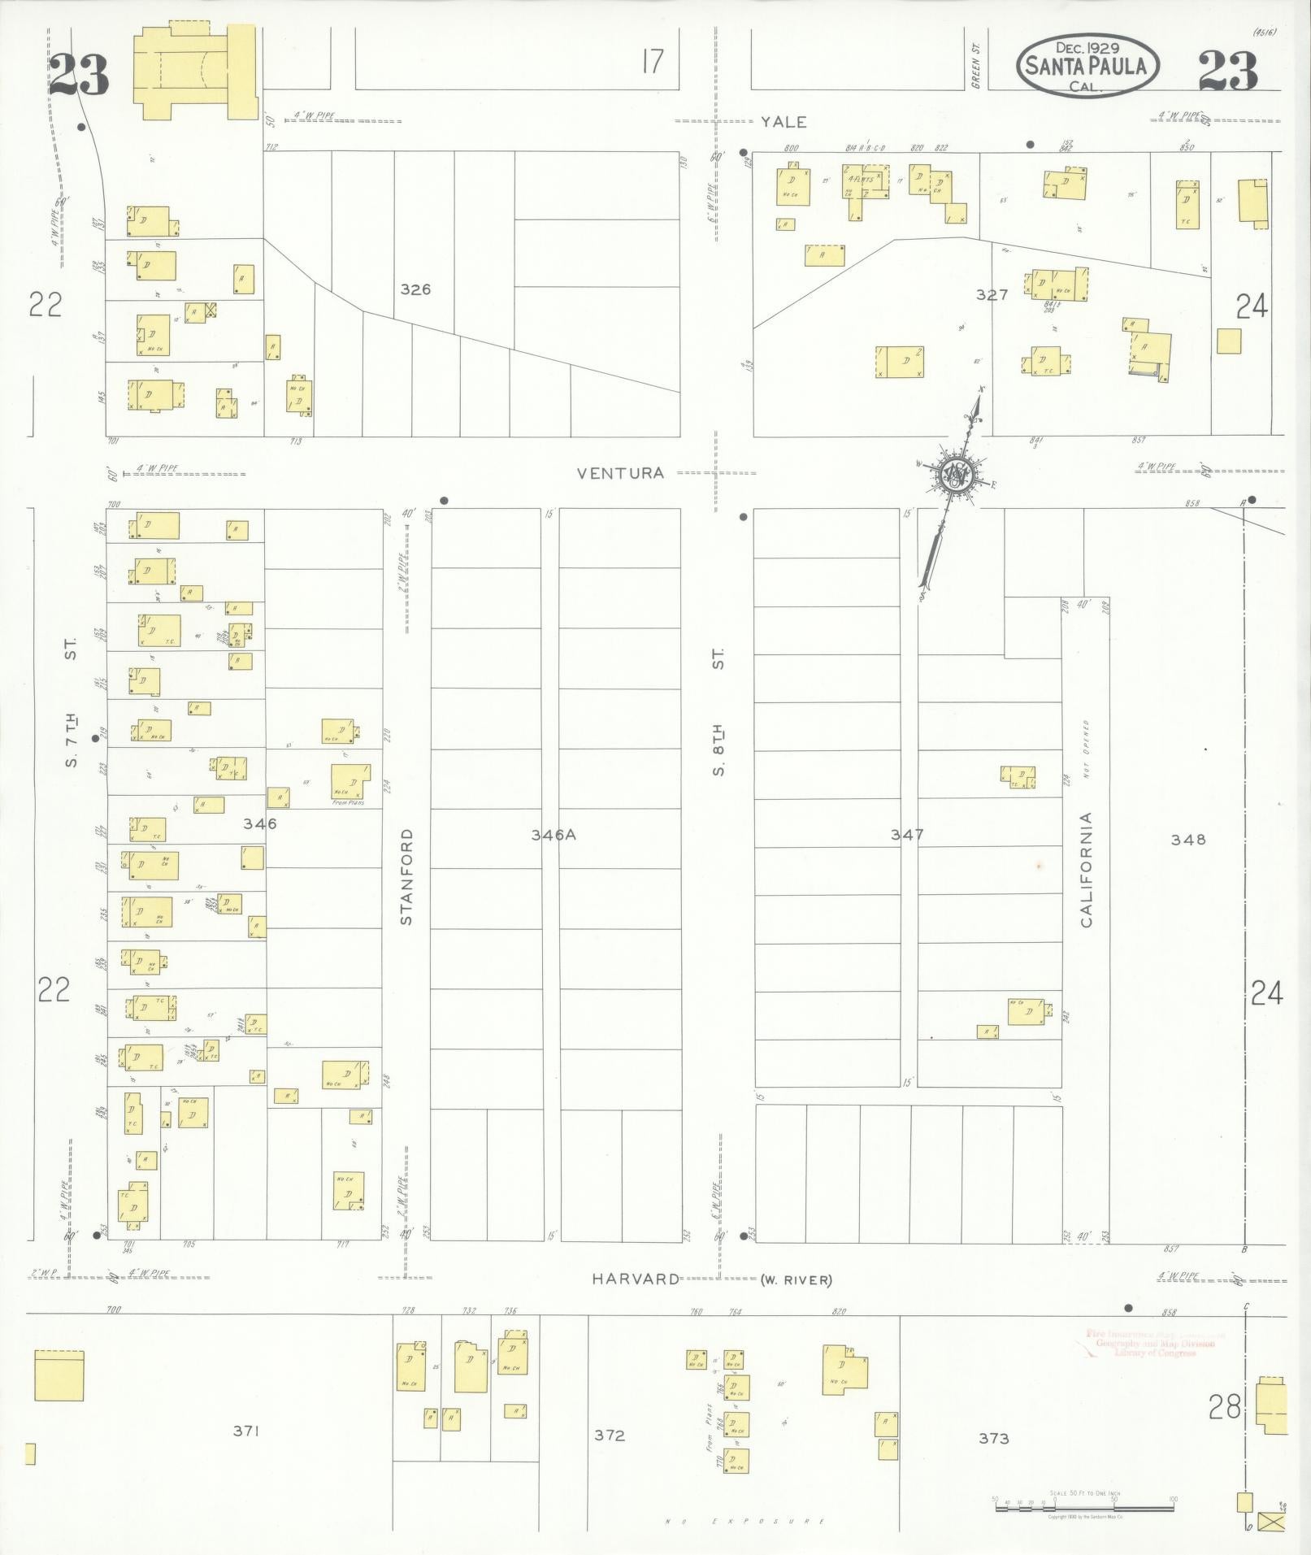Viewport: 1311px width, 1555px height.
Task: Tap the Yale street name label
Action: pyautogui.click(x=784, y=122)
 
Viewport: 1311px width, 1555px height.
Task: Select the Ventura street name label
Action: pyautogui.click(x=621, y=472)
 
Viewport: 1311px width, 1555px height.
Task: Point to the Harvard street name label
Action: pyautogui.click(x=636, y=1279)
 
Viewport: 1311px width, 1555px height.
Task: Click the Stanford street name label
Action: pyautogui.click(x=406, y=876)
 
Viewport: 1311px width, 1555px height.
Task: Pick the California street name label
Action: pyautogui.click(x=1087, y=870)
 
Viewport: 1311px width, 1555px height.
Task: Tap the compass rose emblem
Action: pyautogui.click(x=956, y=476)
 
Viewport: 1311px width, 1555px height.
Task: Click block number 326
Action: pyautogui.click(x=415, y=289)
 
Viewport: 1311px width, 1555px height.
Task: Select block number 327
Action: pyautogui.click(x=992, y=295)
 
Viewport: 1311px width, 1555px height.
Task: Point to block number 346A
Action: pyautogui.click(x=553, y=834)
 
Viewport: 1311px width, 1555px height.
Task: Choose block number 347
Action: pyautogui.click(x=906, y=834)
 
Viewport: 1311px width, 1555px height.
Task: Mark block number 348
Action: pyautogui.click(x=1187, y=839)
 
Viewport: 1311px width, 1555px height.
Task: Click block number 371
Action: pyautogui.click(x=245, y=1431)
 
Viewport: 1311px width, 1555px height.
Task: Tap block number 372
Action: pyautogui.click(x=609, y=1435)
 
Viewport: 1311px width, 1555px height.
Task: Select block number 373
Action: pyautogui.click(x=993, y=1438)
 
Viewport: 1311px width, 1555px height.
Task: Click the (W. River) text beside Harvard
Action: pyautogui.click(x=797, y=1280)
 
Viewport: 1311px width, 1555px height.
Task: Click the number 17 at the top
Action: pyautogui.click(x=652, y=61)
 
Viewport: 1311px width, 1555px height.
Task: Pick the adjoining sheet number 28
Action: pyautogui.click(x=1225, y=1406)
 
